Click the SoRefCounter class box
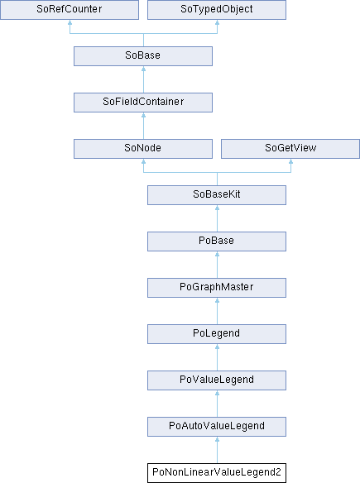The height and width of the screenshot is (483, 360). click(x=70, y=10)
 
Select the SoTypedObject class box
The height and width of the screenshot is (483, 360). click(x=217, y=10)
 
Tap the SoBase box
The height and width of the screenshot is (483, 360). click(x=143, y=56)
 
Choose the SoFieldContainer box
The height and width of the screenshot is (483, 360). click(x=143, y=103)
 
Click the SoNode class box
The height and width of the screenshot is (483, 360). click(x=143, y=149)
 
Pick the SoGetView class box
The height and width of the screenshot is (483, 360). click(x=290, y=149)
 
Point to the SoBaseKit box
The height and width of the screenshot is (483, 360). click(x=217, y=195)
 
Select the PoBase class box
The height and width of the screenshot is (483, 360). click(x=217, y=241)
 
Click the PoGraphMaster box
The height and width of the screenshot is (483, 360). click(x=217, y=288)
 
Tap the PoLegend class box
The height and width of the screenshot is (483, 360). click(x=217, y=334)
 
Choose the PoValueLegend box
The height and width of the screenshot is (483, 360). click(x=217, y=380)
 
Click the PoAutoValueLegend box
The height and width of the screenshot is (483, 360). click(x=217, y=427)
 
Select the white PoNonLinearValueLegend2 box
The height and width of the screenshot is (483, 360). click(x=217, y=473)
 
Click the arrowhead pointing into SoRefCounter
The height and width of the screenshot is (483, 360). click(x=70, y=22)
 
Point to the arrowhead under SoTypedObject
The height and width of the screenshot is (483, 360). click(x=218, y=22)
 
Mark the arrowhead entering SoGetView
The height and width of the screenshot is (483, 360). click(x=290, y=161)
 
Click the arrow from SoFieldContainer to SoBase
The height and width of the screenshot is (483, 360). click(x=143, y=79)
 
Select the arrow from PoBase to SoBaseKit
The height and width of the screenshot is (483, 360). click(x=218, y=218)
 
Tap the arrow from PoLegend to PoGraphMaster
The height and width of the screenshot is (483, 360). click(x=218, y=311)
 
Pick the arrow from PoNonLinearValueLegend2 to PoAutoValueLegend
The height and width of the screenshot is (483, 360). click(x=218, y=450)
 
